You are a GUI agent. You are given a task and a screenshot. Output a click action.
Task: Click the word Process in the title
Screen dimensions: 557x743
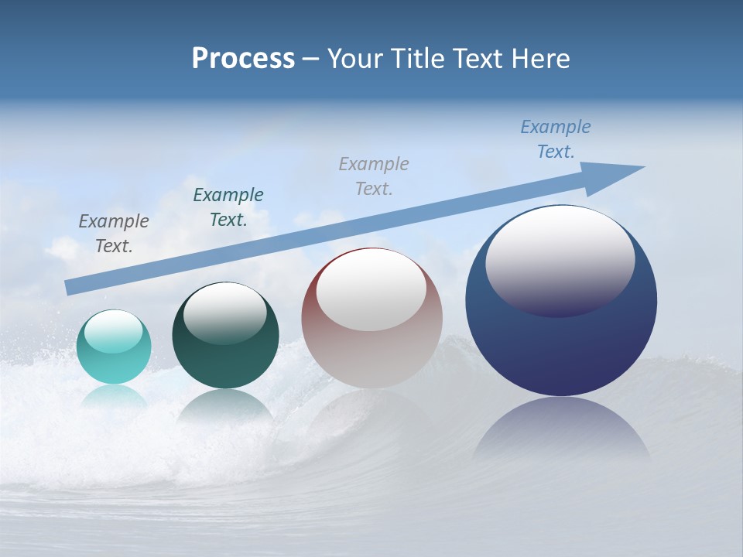(x=243, y=59)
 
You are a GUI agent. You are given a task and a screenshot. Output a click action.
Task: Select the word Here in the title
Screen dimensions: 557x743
(x=541, y=59)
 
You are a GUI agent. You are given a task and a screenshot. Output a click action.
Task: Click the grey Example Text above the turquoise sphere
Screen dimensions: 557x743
(x=114, y=234)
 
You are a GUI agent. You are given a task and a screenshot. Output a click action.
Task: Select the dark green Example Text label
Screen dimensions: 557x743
(x=228, y=207)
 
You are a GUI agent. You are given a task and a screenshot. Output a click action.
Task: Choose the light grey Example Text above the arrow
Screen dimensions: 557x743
(x=374, y=176)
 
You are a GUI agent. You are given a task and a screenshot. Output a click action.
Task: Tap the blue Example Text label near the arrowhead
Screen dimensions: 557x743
(x=556, y=139)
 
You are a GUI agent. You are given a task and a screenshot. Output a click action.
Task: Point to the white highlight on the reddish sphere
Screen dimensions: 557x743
(x=371, y=290)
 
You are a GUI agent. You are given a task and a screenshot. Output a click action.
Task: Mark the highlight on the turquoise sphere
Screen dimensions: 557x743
(x=114, y=331)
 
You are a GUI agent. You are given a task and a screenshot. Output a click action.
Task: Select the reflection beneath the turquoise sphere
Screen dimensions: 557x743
(x=114, y=397)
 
